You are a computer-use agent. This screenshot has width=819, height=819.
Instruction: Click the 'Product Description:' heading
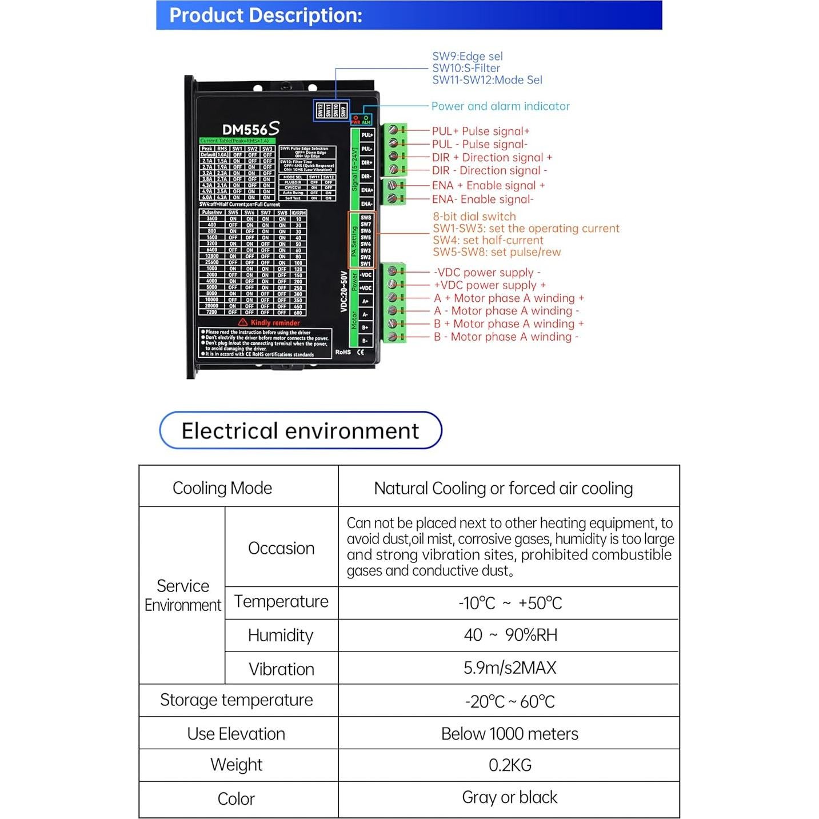pyautogui.click(x=266, y=15)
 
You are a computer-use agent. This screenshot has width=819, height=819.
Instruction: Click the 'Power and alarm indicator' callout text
pyautogui.click(x=500, y=106)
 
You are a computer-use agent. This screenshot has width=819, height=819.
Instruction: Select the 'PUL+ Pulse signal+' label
pyautogui.click(x=480, y=131)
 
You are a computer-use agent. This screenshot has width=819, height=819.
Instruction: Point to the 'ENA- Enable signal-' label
pyautogui.click(x=482, y=199)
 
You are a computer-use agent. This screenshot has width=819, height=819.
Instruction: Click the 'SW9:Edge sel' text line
pyautogui.click(x=467, y=57)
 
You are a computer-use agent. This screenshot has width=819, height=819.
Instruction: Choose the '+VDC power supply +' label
pyautogui.click(x=489, y=285)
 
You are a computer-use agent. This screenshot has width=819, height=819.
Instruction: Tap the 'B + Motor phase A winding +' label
pyautogui.click(x=508, y=324)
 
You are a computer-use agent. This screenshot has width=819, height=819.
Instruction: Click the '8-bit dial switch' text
pyautogui.click(x=474, y=217)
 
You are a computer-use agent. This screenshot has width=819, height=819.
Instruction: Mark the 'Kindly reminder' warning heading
pyautogui.click(x=274, y=323)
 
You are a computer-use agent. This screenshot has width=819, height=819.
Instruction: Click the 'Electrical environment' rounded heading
pyautogui.click(x=300, y=431)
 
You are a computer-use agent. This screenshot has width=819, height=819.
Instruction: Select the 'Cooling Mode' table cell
pyautogui.click(x=222, y=488)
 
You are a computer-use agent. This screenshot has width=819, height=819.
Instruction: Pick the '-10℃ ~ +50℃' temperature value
pyautogui.click(x=510, y=604)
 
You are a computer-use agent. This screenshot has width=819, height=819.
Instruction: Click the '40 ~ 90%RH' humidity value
pyautogui.click(x=510, y=636)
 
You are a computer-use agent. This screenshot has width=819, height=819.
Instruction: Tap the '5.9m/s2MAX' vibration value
pyautogui.click(x=510, y=668)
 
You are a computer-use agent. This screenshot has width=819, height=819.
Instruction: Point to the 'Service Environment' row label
pyautogui.click(x=182, y=596)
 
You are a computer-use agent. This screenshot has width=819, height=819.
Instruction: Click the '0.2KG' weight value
pyautogui.click(x=510, y=765)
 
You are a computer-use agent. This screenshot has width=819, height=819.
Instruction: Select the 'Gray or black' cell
pyautogui.click(x=510, y=798)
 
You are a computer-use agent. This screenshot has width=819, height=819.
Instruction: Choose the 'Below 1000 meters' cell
pyautogui.click(x=510, y=734)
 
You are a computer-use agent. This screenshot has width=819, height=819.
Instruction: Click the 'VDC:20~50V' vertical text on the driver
pyautogui.click(x=344, y=291)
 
